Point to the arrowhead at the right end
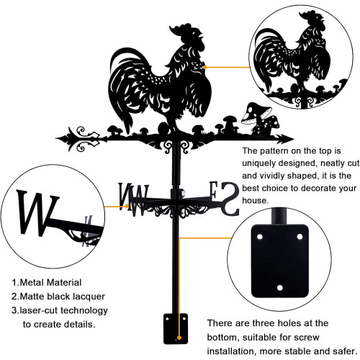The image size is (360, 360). [286, 139]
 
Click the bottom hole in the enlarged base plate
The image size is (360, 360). [279, 287]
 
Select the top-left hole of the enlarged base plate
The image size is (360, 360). [259, 237]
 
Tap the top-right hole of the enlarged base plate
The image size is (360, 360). [300, 237]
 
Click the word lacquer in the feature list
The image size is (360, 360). [89, 297]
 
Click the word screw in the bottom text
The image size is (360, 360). [307, 337]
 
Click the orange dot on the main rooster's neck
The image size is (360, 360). [205, 68]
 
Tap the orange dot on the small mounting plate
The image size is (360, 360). [179, 338]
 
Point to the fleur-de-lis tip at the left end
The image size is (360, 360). [63, 138]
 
